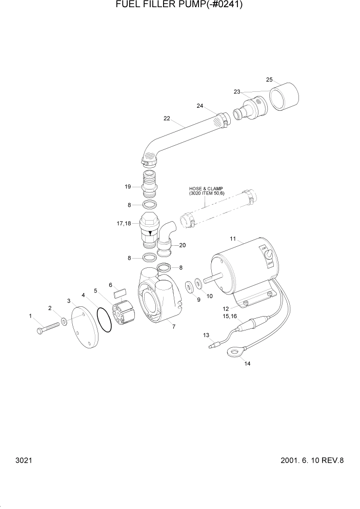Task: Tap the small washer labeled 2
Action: [x=64, y=322]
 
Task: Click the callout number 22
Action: [x=167, y=119]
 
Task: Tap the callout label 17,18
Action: [x=125, y=224]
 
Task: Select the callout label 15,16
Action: [x=229, y=317]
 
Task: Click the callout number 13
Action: [x=206, y=335]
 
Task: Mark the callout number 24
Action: [x=200, y=106]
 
